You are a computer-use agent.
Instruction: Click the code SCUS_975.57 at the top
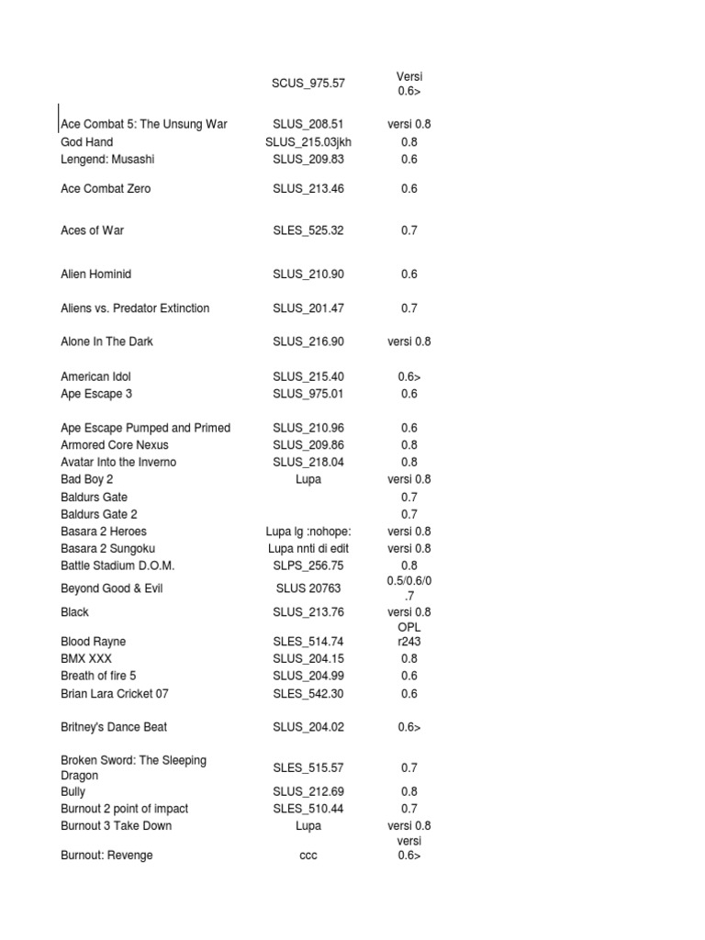point(308,84)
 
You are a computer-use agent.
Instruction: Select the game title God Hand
point(87,142)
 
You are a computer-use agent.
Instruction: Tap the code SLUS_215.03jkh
point(308,142)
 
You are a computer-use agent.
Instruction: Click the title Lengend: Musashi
point(107,159)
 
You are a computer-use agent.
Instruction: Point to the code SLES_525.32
point(308,230)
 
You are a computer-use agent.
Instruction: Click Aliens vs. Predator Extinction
point(135,308)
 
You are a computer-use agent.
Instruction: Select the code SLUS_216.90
point(308,341)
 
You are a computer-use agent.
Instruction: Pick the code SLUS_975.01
point(308,394)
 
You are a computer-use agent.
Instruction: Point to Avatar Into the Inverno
point(118,462)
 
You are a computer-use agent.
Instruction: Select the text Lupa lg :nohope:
point(308,532)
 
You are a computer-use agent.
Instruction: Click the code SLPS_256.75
point(308,565)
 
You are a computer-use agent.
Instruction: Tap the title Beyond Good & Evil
point(111,588)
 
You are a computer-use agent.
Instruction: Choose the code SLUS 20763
point(308,588)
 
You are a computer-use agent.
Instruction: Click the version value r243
point(409,642)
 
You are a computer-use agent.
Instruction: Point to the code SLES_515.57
point(308,767)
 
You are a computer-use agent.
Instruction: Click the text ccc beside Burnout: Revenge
point(308,856)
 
